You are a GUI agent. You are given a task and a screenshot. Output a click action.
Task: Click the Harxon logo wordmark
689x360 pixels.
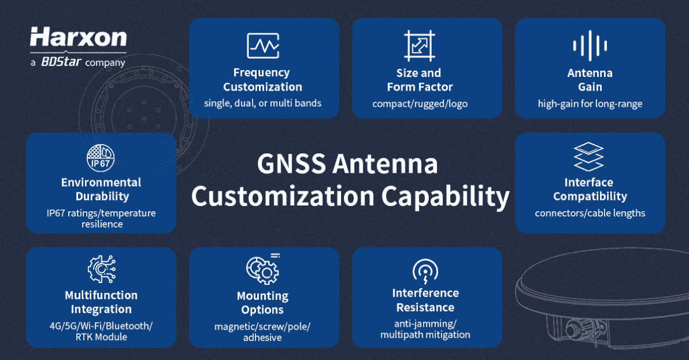[x=78, y=37]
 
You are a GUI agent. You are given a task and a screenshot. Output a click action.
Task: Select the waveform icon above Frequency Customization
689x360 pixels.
[x=263, y=45]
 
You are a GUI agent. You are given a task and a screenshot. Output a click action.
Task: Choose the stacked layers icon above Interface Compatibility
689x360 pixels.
[x=589, y=157]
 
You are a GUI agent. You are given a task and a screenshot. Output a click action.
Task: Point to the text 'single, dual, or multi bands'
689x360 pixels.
[x=263, y=104]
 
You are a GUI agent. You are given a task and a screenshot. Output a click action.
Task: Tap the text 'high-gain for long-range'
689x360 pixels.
[x=590, y=104]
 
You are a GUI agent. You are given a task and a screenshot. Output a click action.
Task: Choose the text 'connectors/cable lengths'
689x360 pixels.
[x=590, y=213]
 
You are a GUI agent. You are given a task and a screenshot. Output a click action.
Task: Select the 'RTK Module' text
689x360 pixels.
[x=101, y=337]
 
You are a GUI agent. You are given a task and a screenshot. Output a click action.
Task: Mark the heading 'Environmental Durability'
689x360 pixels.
[x=101, y=189]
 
